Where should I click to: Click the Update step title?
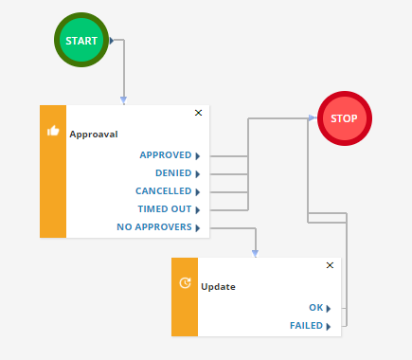click(218, 286)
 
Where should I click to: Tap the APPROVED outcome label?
click(165, 155)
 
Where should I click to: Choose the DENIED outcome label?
click(172, 173)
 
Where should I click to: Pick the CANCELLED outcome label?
click(163, 191)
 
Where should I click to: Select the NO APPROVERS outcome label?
click(154, 227)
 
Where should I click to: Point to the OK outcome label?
click(316, 308)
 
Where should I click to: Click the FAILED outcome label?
click(307, 326)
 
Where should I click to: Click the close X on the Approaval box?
click(198, 113)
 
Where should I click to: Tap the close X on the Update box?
click(330, 266)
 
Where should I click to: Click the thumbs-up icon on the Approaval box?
click(53, 131)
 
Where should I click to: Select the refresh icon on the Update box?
click(185, 283)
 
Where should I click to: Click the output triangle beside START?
click(113, 41)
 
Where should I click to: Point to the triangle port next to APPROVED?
click(198, 155)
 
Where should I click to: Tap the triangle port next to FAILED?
click(329, 327)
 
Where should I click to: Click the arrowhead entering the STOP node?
click(312, 118)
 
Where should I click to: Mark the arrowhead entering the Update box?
click(255, 253)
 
